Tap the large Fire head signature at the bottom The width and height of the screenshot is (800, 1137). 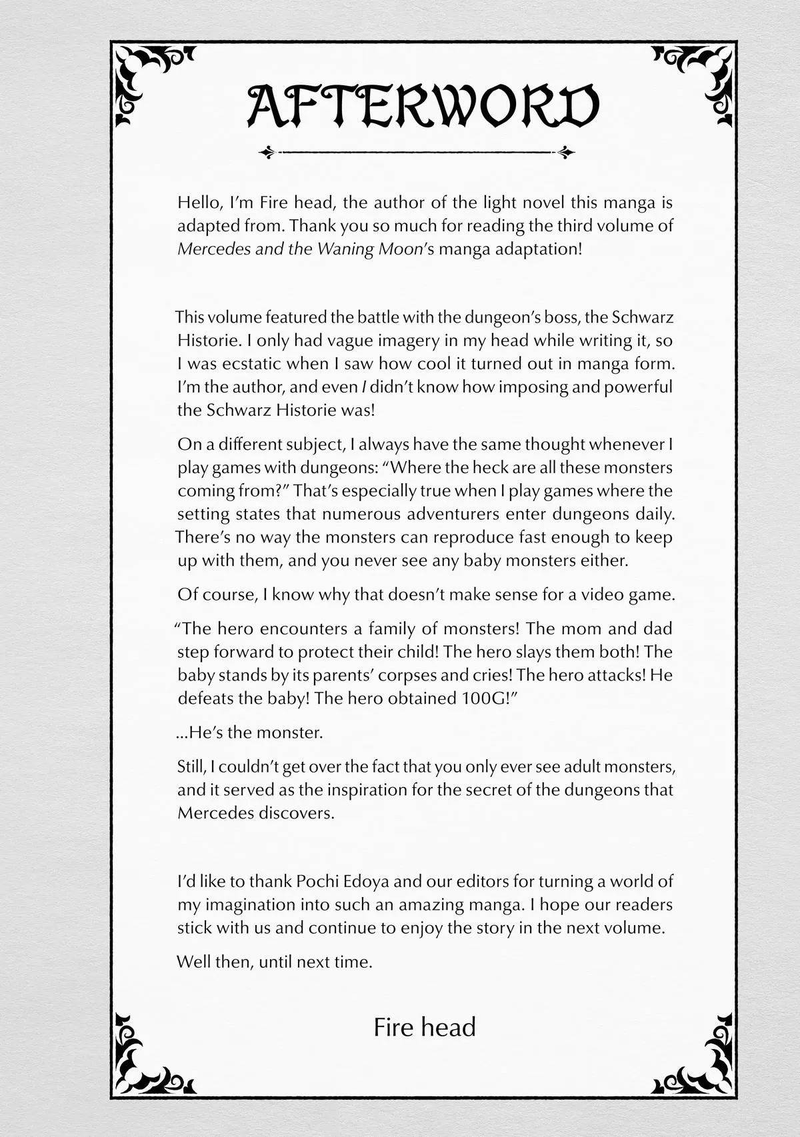425,1027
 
